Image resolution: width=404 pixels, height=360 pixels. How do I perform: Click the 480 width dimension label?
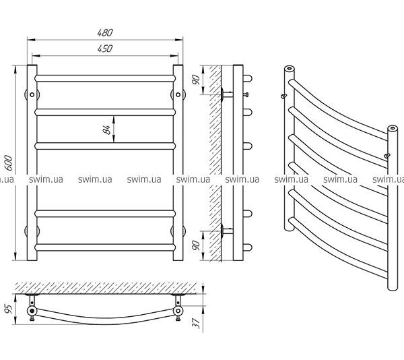click(x=104, y=32)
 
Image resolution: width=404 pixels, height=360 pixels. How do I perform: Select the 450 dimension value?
click(x=104, y=49)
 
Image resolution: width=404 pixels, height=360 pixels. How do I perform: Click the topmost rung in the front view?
click(x=104, y=78)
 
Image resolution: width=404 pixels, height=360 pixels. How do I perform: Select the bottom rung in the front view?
click(x=104, y=246)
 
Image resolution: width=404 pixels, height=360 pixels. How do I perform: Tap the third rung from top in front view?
click(x=104, y=145)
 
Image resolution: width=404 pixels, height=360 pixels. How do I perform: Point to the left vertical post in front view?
click(x=31, y=162)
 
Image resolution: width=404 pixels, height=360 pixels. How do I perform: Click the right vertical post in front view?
click(x=178, y=162)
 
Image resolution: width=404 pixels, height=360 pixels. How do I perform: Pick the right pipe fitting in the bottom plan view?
click(x=177, y=311)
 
